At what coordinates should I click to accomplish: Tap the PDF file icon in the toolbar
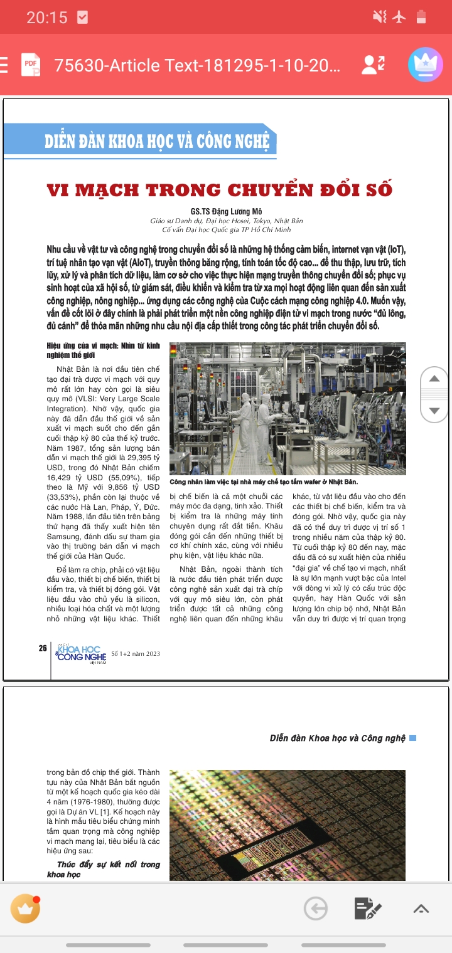31,65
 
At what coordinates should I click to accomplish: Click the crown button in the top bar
425,65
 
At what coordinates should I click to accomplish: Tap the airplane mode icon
399,17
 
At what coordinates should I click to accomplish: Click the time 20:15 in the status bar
46,18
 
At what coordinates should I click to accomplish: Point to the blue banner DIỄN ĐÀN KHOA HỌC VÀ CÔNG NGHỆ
156,141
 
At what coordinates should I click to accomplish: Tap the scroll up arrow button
434,379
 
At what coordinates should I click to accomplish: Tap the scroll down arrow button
434,410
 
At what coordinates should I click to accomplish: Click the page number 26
43,648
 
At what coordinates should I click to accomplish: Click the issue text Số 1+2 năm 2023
136,654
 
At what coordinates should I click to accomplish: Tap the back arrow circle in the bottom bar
316,908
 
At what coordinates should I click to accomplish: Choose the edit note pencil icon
367,908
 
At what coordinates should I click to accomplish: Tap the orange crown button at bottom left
26,908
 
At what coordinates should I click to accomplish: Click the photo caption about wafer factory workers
264,482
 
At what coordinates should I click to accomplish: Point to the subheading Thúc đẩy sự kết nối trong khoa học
104,869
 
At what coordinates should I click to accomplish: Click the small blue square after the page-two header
412,738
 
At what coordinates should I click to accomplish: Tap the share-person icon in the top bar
374,64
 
